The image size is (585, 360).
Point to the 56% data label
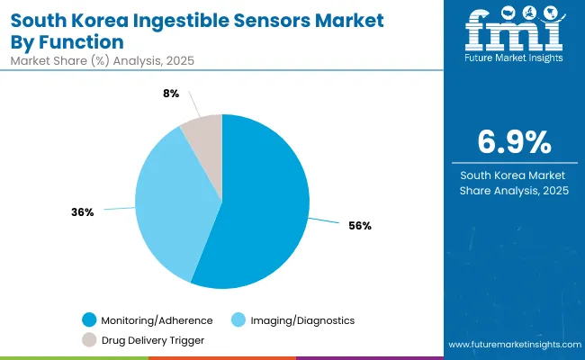click(x=361, y=226)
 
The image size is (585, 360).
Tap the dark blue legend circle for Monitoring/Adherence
click(x=88, y=320)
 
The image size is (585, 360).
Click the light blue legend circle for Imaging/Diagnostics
click(x=240, y=320)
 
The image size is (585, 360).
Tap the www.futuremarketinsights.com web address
click(x=510, y=345)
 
